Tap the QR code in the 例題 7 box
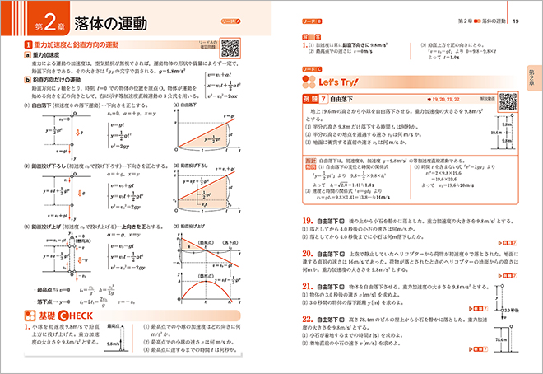(508, 102)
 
